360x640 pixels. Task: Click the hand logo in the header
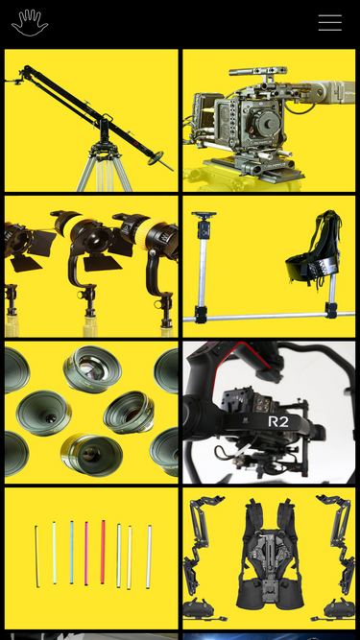click(x=29, y=23)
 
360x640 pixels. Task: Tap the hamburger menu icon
click(x=329, y=23)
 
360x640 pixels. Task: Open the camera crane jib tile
click(x=91, y=120)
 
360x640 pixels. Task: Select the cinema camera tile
click(x=269, y=120)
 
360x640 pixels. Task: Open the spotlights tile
click(x=91, y=266)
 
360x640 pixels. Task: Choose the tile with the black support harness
click(x=269, y=266)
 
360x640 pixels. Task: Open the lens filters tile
click(x=91, y=412)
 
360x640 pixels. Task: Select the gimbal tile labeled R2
click(x=269, y=412)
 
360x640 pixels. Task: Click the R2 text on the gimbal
click(x=277, y=421)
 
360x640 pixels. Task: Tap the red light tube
click(x=103, y=553)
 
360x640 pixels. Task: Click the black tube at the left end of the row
click(x=36, y=557)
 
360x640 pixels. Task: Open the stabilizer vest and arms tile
click(x=269, y=557)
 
